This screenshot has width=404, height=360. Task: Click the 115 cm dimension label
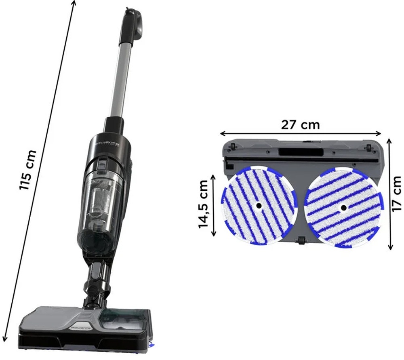coord(27,170)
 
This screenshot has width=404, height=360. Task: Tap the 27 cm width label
coord(301,125)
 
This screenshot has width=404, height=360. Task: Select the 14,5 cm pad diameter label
coord(204,204)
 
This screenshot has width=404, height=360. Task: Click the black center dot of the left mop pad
coord(259,206)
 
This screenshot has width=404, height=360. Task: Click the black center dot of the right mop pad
coord(343,208)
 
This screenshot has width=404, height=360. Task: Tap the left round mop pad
coord(259,206)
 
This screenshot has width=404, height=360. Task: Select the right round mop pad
coord(343,208)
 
